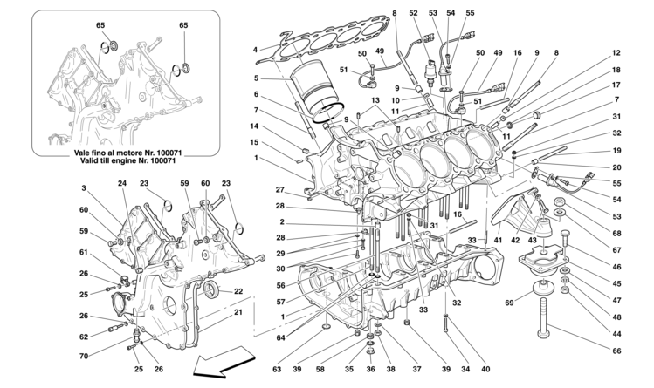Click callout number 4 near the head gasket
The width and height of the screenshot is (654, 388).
(x=254, y=49)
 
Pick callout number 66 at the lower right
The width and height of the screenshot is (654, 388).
(x=616, y=351)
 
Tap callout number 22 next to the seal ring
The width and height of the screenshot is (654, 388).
(x=238, y=291)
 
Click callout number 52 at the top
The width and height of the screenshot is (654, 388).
(x=413, y=13)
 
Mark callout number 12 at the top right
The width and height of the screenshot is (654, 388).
(x=616, y=53)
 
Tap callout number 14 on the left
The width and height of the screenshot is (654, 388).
(x=254, y=126)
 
